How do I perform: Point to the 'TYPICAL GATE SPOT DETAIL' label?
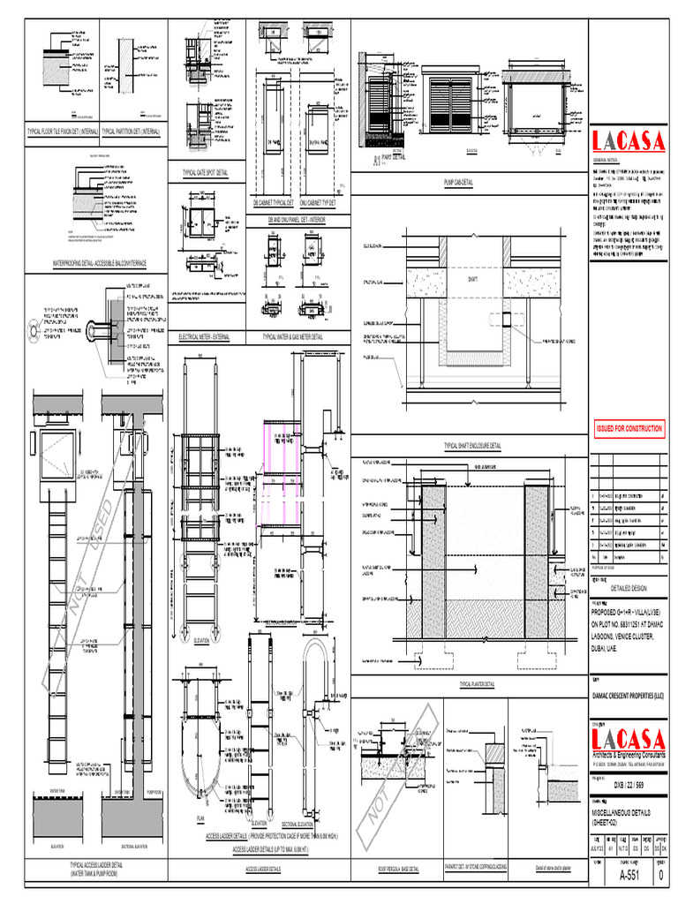click(205, 173)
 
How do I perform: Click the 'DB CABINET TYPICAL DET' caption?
click(273, 203)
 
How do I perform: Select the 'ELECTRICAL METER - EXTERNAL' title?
click(205, 337)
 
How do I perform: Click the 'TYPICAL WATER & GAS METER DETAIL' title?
click(292, 337)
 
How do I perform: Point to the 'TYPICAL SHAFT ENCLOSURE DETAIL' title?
click(471, 447)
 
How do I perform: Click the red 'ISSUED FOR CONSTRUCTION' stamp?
click(628, 428)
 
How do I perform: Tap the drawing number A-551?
click(628, 876)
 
